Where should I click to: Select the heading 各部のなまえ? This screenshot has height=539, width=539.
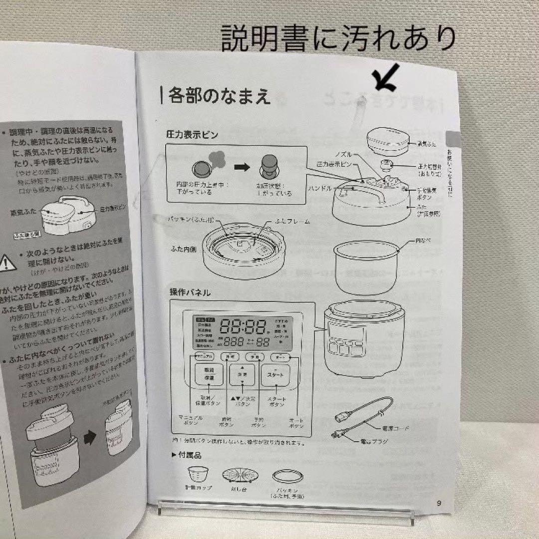pyautogui.click(x=220, y=95)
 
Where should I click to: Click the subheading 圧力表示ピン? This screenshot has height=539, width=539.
pyautogui.click(x=192, y=134)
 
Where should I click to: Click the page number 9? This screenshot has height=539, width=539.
pyautogui.click(x=439, y=503)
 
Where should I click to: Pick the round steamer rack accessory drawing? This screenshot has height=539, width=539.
pyautogui.click(x=238, y=474)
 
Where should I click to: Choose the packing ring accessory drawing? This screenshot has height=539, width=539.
pyautogui.click(x=286, y=476)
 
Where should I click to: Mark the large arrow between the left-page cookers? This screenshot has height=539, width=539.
pyautogui.click(x=90, y=438)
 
